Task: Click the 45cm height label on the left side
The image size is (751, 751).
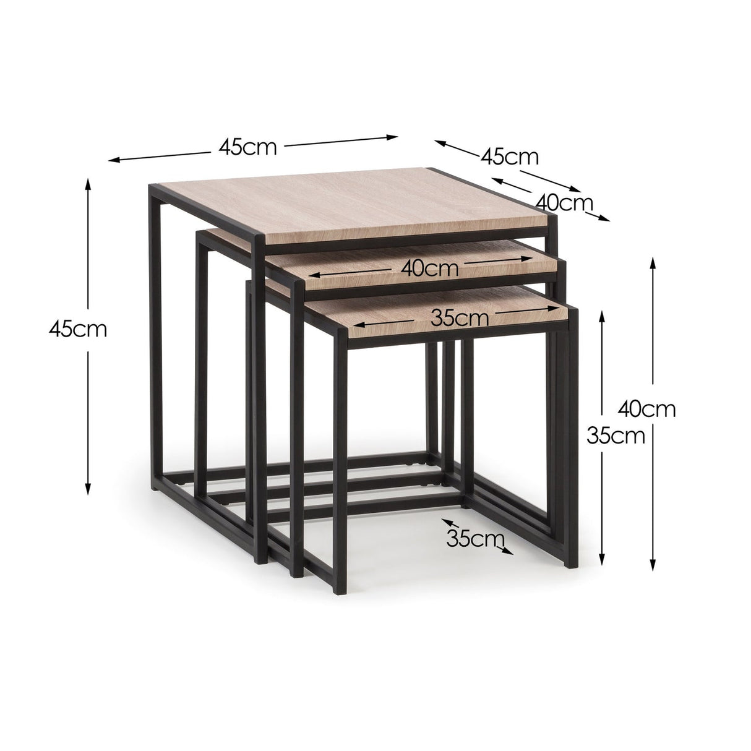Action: coord(78,329)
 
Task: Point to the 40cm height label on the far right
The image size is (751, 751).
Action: coord(647,408)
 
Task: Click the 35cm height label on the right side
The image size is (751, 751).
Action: coord(616,436)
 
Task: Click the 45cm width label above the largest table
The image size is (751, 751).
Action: coord(247,147)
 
